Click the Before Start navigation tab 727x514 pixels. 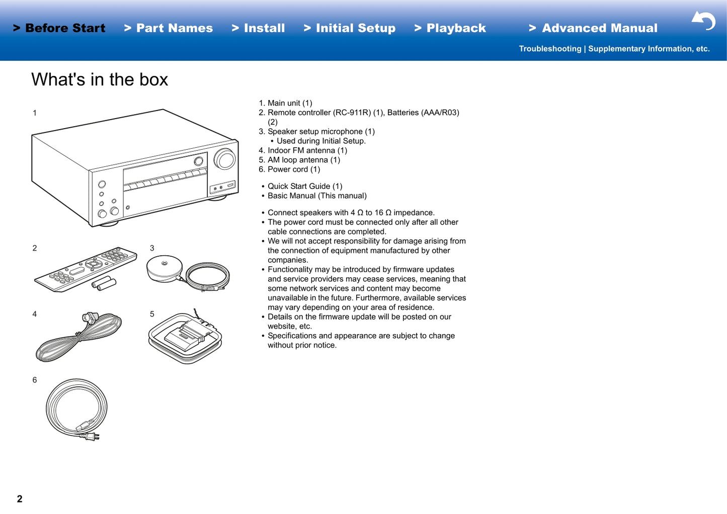pos(59,28)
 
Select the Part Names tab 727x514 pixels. pos(169,28)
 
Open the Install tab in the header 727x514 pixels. pos(258,28)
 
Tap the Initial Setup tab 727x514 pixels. pos(350,28)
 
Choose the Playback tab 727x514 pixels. pos(450,28)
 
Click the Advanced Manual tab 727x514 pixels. pos(593,28)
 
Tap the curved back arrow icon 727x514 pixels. pos(704,21)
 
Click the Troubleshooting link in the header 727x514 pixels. pos(550,49)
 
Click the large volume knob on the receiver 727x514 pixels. pos(224,159)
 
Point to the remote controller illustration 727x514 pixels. pos(86,269)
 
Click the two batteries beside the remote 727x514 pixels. pos(104,283)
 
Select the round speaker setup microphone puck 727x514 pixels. pos(165,268)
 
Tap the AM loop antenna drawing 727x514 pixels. pos(185,337)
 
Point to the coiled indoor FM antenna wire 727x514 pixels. pos(78,337)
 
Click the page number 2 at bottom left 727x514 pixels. pos(20,499)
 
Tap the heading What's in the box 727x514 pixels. pos(100,79)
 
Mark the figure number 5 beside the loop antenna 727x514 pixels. pos(152,314)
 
